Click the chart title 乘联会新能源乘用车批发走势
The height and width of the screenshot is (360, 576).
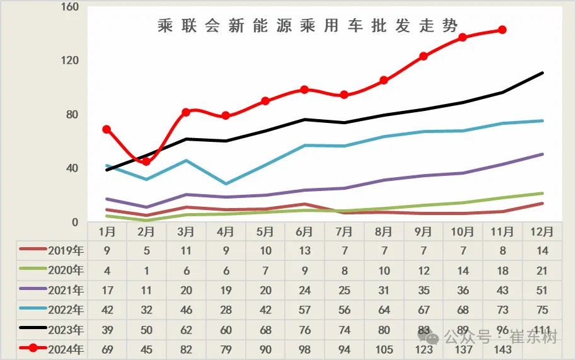[x=308, y=26]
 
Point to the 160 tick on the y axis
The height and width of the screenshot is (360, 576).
[x=70, y=8]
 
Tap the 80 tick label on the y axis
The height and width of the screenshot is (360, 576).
[x=71, y=115]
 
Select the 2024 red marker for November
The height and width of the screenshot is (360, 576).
[x=502, y=30]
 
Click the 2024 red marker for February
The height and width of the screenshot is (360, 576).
[x=146, y=161]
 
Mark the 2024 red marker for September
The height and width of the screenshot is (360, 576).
[x=423, y=56]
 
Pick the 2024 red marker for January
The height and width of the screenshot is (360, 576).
[x=107, y=129]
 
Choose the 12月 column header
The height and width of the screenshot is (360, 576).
[x=542, y=231]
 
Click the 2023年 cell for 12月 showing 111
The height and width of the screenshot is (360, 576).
[x=542, y=330]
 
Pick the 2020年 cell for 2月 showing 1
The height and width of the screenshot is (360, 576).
[x=146, y=270]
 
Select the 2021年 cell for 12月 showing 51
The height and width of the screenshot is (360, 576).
[x=542, y=290]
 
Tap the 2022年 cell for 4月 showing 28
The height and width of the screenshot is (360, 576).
[x=226, y=310]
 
